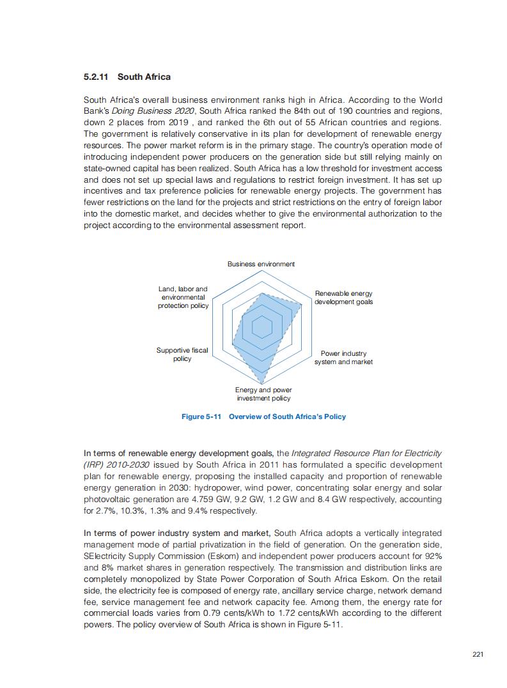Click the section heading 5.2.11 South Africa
(x=127, y=77)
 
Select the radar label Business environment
(x=261, y=264)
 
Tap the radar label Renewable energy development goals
(x=343, y=298)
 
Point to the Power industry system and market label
(x=343, y=358)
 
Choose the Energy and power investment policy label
(x=263, y=394)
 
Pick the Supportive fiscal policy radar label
(x=182, y=355)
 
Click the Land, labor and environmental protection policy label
(x=183, y=298)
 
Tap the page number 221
(x=478, y=654)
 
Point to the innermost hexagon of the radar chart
(x=261, y=327)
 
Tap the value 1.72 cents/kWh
(x=312, y=613)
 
